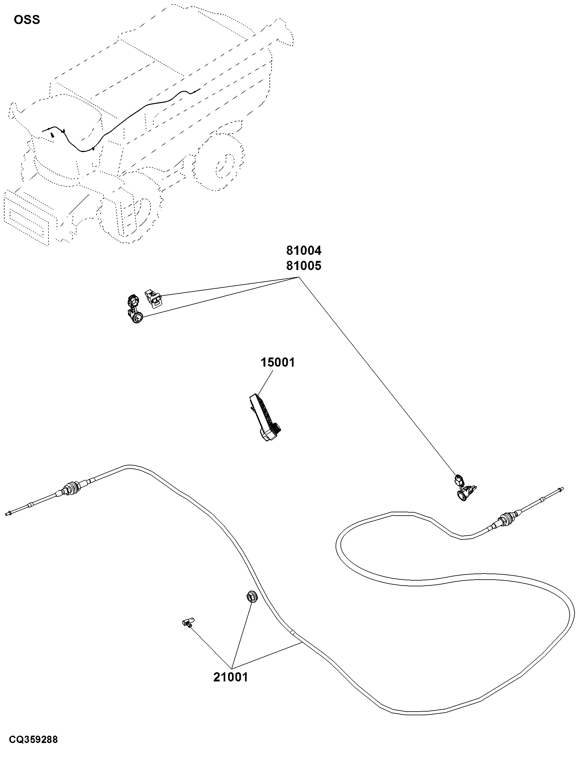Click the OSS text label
point(27,20)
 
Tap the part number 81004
point(304,250)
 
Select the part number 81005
point(304,266)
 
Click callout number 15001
point(278,363)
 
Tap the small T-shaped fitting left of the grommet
point(188,622)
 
